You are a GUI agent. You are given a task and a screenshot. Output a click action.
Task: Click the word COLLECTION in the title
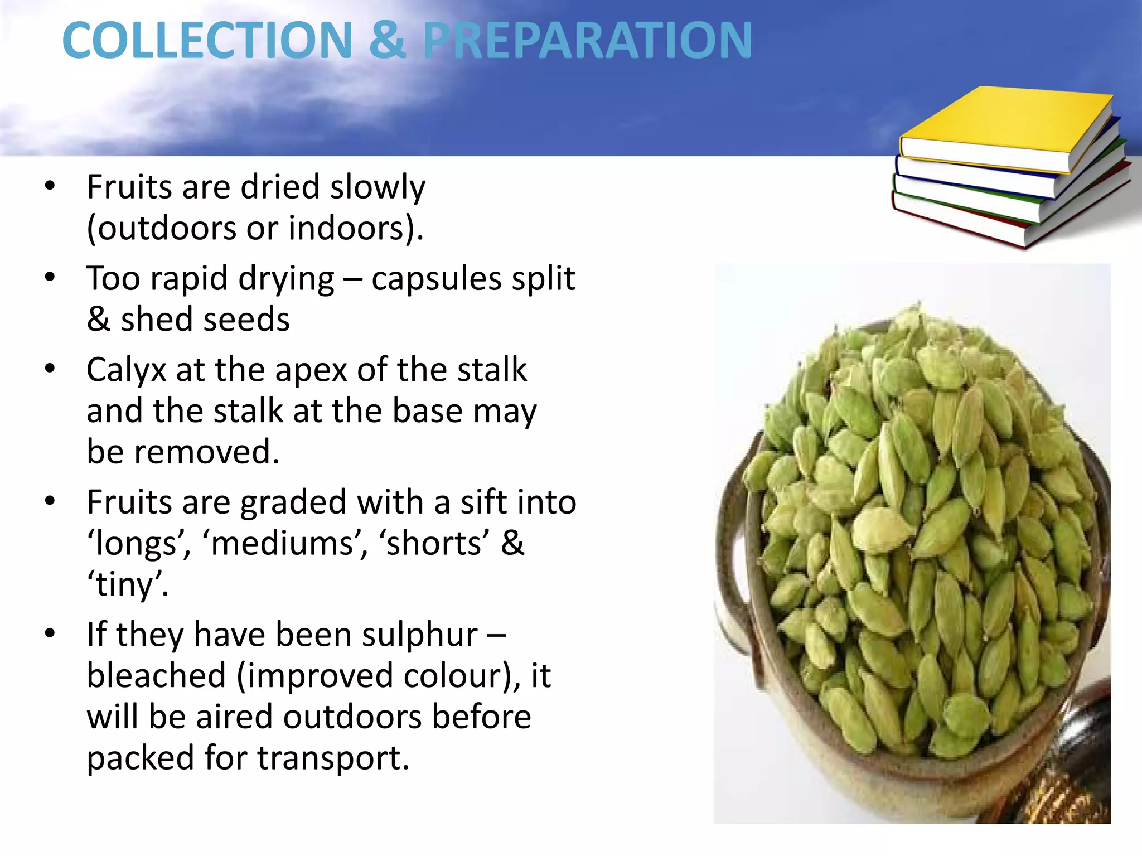click(207, 40)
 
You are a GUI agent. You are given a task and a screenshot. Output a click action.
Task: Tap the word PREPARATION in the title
click(587, 40)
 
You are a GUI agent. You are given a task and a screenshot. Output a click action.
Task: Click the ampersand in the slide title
click(387, 40)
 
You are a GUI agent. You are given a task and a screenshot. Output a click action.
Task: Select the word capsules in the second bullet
click(437, 279)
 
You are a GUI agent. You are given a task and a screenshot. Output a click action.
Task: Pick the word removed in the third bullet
click(206, 452)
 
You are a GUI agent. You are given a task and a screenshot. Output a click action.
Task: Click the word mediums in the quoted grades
click(284, 544)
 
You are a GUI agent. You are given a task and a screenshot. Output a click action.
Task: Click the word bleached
click(156, 676)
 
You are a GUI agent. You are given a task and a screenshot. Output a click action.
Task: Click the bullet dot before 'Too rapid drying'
click(50, 277)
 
